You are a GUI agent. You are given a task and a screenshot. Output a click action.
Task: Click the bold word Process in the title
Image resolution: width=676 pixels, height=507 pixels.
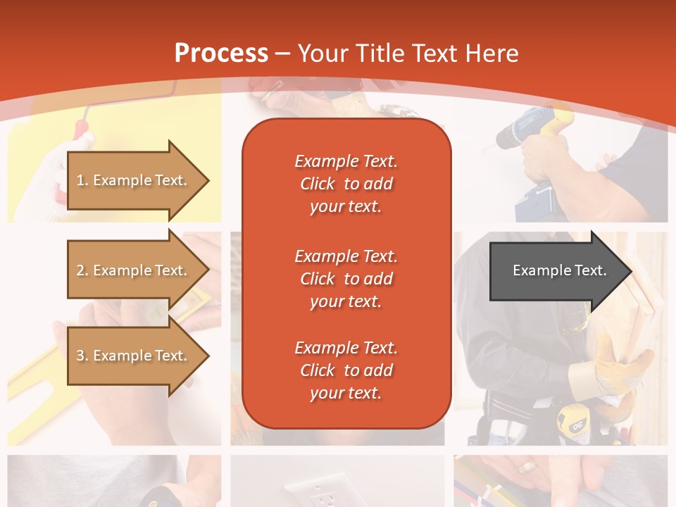point(221,54)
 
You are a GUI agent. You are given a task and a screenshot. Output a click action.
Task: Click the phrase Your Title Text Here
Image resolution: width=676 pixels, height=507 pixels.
point(408,54)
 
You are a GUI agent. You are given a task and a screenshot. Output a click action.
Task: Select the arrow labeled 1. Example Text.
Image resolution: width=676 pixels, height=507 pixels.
point(134,180)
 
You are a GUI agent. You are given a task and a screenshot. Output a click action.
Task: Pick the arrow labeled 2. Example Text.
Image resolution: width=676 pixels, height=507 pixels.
point(134,270)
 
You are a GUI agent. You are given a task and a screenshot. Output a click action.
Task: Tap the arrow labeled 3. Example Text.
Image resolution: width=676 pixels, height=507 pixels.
point(134,356)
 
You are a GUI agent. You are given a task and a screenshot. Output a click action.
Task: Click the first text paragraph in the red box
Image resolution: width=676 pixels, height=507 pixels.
point(346,184)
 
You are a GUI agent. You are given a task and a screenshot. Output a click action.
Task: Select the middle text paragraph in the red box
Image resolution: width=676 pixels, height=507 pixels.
point(346,279)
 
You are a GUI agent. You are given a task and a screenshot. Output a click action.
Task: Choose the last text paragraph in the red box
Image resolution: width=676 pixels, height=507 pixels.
point(346,370)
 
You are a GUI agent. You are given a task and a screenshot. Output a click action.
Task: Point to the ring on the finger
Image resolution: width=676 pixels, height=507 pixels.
point(527,467)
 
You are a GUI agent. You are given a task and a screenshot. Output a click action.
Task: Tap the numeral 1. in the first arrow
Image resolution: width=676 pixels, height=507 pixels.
point(82,180)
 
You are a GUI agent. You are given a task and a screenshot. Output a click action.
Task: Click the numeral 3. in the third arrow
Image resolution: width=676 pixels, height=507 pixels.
point(82,356)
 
